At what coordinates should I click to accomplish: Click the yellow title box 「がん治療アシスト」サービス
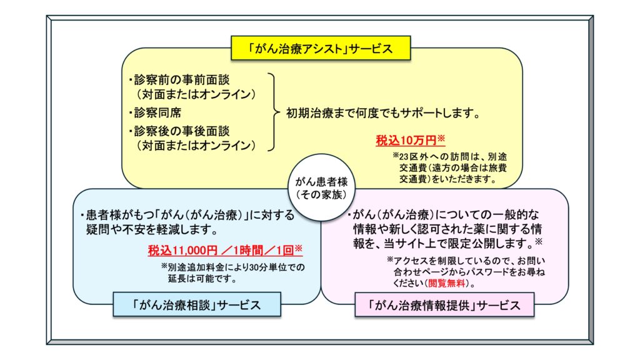(321, 48)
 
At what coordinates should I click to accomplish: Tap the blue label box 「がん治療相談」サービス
(197, 304)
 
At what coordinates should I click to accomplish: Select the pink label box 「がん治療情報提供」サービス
(444, 305)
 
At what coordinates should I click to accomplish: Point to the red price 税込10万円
(410, 140)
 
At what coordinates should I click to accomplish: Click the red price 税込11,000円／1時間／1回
(225, 250)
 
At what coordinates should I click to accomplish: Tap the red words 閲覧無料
(446, 283)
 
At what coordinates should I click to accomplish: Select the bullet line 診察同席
(155, 112)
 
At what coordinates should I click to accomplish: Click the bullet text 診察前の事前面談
(179, 79)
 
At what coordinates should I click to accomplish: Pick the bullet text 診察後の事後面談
(179, 131)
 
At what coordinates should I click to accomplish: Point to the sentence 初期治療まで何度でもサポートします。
(383, 112)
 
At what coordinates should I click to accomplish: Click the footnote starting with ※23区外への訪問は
(450, 167)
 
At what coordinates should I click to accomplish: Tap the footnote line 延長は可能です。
(202, 279)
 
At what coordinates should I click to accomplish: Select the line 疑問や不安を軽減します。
(152, 230)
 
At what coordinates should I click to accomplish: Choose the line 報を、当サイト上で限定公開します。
(447, 243)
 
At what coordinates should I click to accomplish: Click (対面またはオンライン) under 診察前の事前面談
(196, 94)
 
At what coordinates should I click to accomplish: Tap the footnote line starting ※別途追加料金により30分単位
(232, 267)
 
